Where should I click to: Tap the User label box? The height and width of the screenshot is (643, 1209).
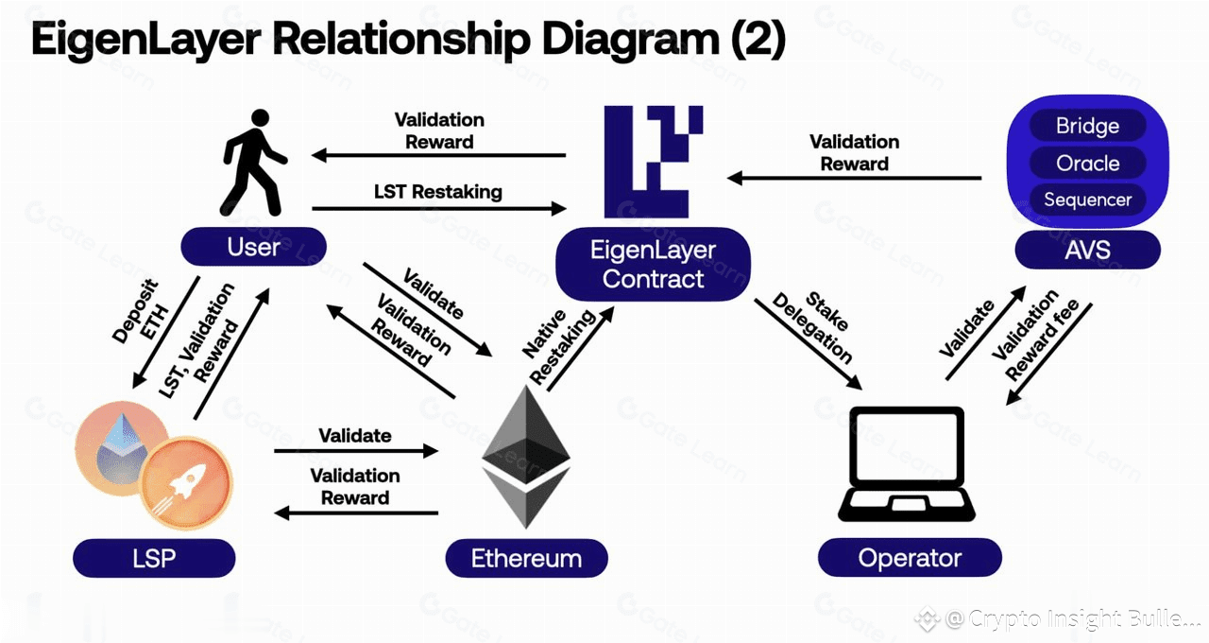(253, 248)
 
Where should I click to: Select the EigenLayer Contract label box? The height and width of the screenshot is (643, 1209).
(653, 265)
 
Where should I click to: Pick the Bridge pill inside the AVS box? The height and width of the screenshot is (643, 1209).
(1087, 127)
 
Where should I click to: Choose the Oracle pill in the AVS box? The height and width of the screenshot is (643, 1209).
(1087, 164)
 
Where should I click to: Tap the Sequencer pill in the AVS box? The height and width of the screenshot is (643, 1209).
(1087, 200)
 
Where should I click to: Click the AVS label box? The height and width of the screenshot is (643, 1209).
(1087, 251)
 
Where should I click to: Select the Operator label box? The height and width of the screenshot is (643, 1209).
(909, 558)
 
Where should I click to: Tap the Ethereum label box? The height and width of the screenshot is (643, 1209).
(526, 558)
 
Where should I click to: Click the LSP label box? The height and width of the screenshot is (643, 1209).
(154, 558)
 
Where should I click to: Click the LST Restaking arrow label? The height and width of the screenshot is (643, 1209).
(437, 192)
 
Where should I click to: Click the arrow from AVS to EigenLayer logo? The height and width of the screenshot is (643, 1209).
(855, 177)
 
